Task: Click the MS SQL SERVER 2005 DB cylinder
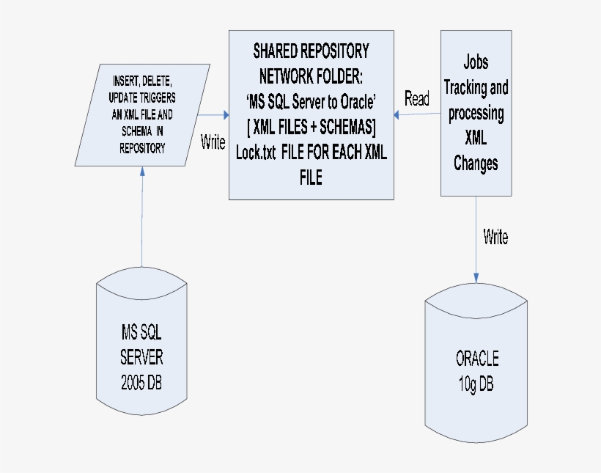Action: (x=141, y=345)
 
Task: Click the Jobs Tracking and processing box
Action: (x=476, y=113)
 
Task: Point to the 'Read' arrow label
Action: (x=417, y=99)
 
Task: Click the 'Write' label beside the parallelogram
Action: (x=213, y=143)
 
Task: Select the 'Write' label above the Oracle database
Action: (x=495, y=237)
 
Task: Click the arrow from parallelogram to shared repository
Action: (x=213, y=114)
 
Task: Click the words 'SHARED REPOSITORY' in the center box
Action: (x=311, y=51)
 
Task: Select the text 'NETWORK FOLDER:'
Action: (x=311, y=76)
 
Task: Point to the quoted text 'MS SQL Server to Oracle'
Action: (x=311, y=101)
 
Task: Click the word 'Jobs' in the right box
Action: (x=476, y=62)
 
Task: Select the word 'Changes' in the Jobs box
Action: (x=476, y=163)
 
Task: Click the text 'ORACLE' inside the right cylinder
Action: (x=477, y=359)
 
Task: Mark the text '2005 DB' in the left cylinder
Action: (x=142, y=383)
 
